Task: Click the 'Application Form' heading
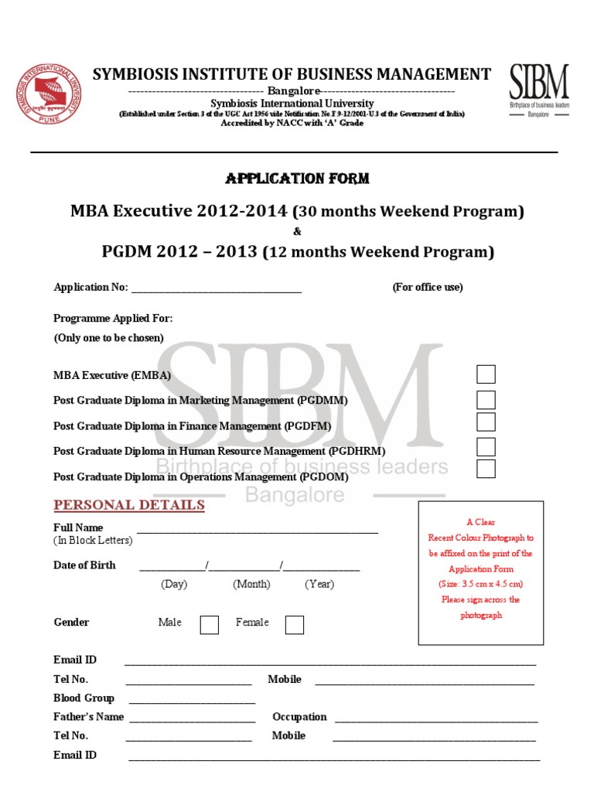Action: (x=297, y=179)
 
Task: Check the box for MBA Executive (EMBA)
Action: (x=486, y=374)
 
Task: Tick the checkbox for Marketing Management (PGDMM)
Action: (x=486, y=400)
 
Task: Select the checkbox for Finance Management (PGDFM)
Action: (x=486, y=422)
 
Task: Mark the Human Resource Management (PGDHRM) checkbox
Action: (x=486, y=447)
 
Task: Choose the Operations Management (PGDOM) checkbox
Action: (x=486, y=469)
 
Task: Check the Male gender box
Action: (x=210, y=624)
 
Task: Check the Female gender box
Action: (x=294, y=624)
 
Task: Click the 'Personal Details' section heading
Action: (x=129, y=506)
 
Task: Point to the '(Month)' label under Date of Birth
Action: (x=251, y=585)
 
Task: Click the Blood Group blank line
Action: (x=192, y=701)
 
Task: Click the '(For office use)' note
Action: (x=428, y=288)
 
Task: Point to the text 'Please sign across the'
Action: (x=480, y=600)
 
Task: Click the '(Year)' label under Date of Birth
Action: (x=319, y=585)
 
